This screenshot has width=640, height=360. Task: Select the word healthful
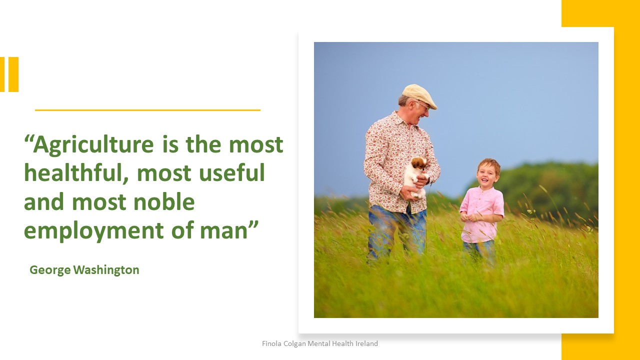[75, 172]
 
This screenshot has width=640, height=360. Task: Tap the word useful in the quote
[231, 172]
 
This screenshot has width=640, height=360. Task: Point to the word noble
[164, 201]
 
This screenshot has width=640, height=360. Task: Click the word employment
[94, 231]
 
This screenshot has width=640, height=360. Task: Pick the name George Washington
[84, 270]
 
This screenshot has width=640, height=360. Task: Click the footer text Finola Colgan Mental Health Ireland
[320, 343]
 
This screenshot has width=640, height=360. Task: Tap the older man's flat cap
[419, 95]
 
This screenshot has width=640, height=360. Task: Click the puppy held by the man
[415, 176]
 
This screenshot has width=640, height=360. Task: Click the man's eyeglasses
[423, 105]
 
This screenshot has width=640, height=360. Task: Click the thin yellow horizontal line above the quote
[147, 110]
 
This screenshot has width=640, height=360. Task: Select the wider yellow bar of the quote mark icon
[13, 74]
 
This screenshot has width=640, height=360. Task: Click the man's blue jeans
[396, 231]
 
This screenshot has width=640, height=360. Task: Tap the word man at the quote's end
[223, 231]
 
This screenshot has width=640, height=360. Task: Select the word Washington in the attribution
[106, 270]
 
